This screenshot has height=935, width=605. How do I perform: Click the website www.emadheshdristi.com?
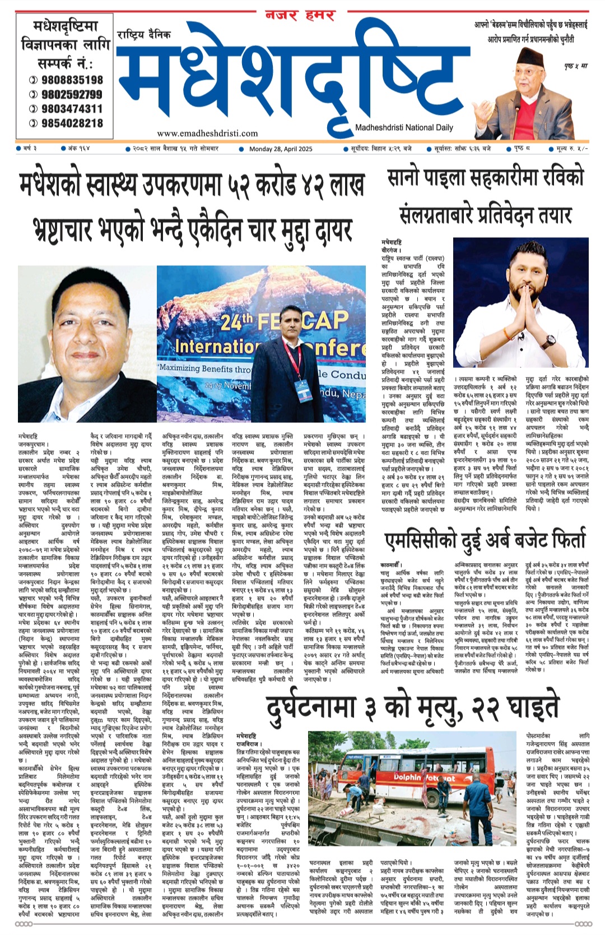coord(207,133)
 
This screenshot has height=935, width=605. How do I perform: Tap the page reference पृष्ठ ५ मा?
coord(576,66)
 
